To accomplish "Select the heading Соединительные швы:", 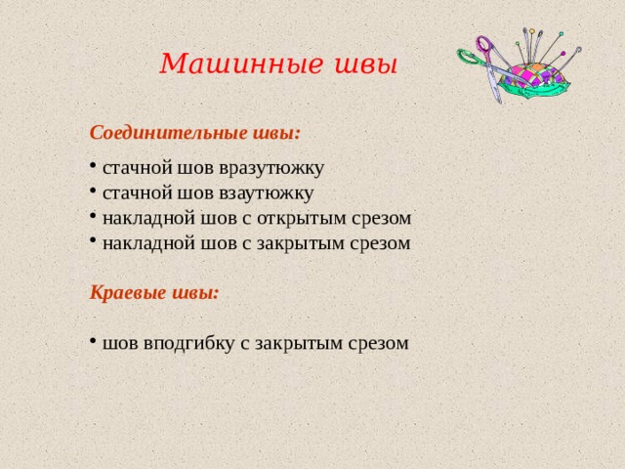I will click(x=194, y=131).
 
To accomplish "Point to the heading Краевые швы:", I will click(x=154, y=292).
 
